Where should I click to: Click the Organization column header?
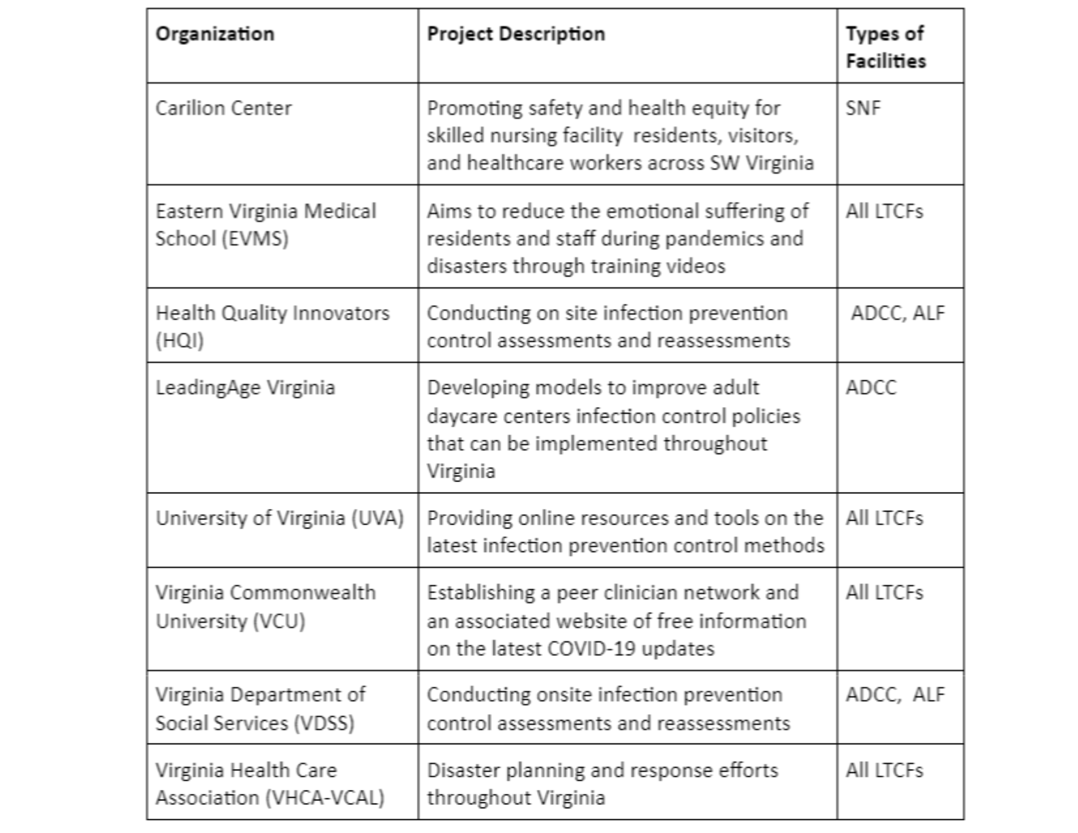(214, 34)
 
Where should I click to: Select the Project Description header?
(515, 34)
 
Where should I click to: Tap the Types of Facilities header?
(885, 47)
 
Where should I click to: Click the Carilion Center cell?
(223, 108)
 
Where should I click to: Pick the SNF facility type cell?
(862, 108)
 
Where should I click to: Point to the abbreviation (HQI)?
(180, 340)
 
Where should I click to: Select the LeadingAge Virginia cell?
(245, 387)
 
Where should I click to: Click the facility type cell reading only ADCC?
(871, 387)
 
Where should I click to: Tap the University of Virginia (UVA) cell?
(280, 518)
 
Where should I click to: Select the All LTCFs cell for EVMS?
(884, 211)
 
